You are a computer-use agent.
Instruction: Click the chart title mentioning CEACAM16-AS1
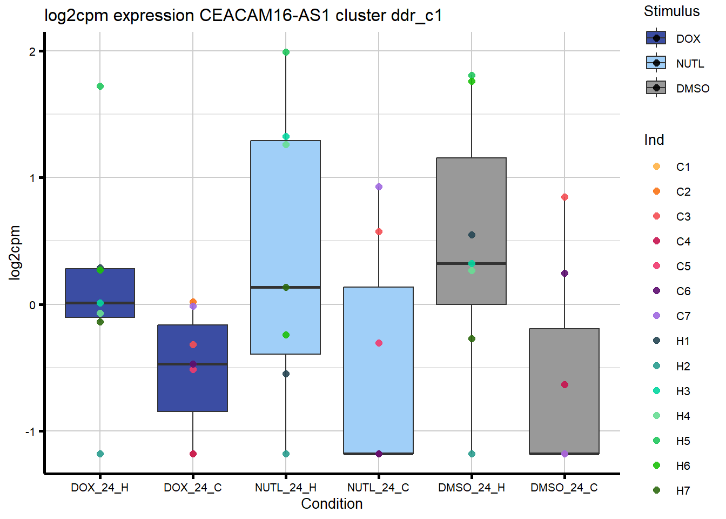pyautogui.click(x=243, y=15)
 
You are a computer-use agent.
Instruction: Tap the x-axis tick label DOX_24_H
pyautogui.click(x=99, y=488)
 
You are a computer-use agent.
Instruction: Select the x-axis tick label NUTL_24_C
pyautogui.click(x=378, y=488)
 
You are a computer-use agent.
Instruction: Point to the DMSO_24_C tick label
pyautogui.click(x=564, y=488)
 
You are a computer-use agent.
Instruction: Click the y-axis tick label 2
pyautogui.click(x=32, y=51)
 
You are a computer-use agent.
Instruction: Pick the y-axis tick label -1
pyautogui.click(x=30, y=431)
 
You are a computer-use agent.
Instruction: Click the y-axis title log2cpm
pyautogui.click(x=15, y=252)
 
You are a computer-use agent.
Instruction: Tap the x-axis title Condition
pyautogui.click(x=332, y=504)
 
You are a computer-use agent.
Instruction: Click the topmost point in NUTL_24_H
pyautogui.click(x=286, y=52)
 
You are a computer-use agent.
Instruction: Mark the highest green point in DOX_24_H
pyautogui.click(x=100, y=86)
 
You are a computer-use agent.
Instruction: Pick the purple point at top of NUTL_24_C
pyautogui.click(x=379, y=187)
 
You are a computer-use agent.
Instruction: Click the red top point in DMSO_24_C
pyautogui.click(x=564, y=197)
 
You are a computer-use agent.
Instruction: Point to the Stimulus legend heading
pyautogui.click(x=671, y=11)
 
